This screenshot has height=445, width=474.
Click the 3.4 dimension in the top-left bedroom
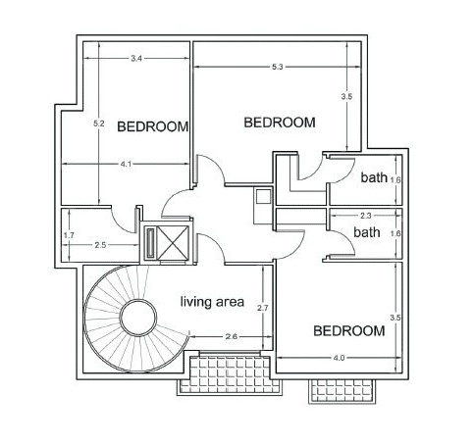pos(136,59)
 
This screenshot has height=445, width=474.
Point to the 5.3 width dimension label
pos(277,67)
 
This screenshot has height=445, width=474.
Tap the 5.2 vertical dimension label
pos(99,124)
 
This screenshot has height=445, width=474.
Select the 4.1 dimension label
pos(126,165)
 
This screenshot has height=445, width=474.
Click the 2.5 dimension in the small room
pos(100,245)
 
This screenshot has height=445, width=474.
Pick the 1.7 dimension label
pos(69,235)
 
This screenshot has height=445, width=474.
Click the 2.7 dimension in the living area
pos(263,308)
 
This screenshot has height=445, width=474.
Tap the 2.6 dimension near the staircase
pos(231,336)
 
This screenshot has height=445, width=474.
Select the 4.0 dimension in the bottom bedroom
pos(339,358)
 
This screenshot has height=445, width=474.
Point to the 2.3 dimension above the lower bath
pos(366,216)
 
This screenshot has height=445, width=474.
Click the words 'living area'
pos(212,302)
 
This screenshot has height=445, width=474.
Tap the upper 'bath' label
pos(374,177)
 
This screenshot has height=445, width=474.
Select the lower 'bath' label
pos(367,232)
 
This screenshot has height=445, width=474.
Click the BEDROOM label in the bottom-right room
pos(349,331)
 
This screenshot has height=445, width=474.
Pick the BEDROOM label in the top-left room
pos(153,126)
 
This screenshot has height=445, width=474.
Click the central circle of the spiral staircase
pos(138,318)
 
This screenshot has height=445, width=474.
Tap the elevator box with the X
pos(173,243)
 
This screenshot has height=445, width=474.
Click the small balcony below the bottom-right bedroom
pos(342,391)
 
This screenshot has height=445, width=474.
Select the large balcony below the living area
pos(231,374)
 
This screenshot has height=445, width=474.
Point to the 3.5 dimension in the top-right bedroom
pos(346,97)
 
